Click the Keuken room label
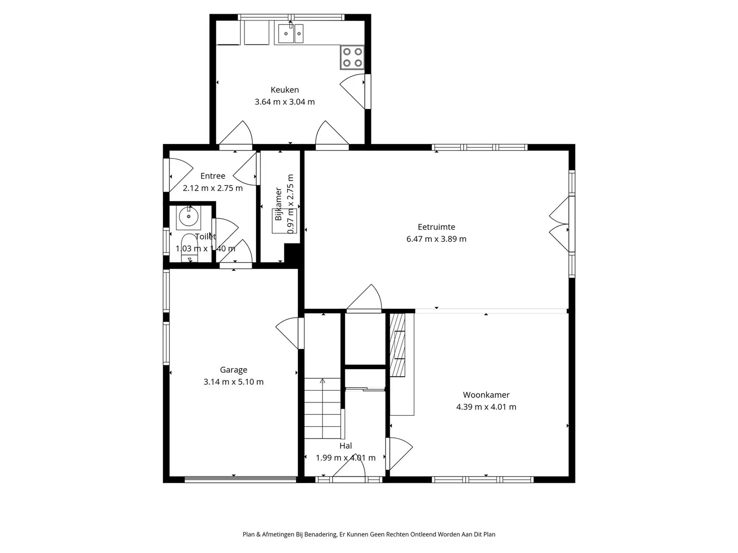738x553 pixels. [x=284, y=90]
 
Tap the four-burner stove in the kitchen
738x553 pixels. [x=352, y=57]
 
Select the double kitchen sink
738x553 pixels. [x=291, y=34]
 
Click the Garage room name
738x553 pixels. [x=234, y=370]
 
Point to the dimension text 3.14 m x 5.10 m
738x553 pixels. [x=234, y=382]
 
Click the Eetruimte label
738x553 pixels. [x=437, y=227]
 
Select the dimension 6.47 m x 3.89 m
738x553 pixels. [x=437, y=239]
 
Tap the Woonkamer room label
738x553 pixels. [x=486, y=395]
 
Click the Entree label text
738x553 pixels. [x=213, y=176]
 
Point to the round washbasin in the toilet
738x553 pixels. [x=189, y=216]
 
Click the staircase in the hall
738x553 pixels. [x=323, y=408]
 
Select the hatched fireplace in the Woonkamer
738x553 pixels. [x=397, y=345]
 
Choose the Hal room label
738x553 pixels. [x=346, y=446]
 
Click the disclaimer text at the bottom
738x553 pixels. [x=369, y=534]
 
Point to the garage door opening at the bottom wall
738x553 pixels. [x=240, y=479]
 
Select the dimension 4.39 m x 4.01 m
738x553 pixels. [x=486, y=407]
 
